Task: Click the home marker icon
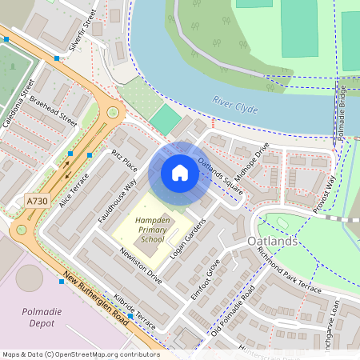[x=180, y=173]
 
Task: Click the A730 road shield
[x=37, y=201]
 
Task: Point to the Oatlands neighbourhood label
[x=273, y=241]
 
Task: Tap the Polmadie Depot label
[x=27, y=318]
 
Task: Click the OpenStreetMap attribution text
[x=80, y=354]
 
